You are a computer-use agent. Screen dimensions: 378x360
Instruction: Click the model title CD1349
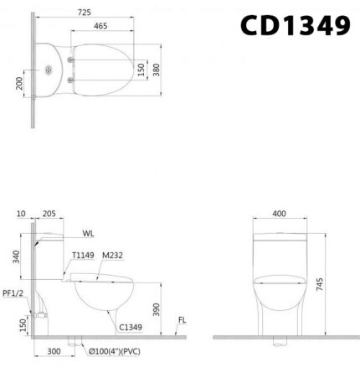tap(295, 27)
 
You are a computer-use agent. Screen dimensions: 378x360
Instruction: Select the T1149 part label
tap(82, 256)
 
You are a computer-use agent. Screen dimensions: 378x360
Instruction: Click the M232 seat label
tap(113, 256)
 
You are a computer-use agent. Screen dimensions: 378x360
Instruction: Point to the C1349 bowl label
tap(129, 328)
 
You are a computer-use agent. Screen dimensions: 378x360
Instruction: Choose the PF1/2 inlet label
tap(11, 294)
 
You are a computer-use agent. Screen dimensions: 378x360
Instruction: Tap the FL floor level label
tap(182, 319)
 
